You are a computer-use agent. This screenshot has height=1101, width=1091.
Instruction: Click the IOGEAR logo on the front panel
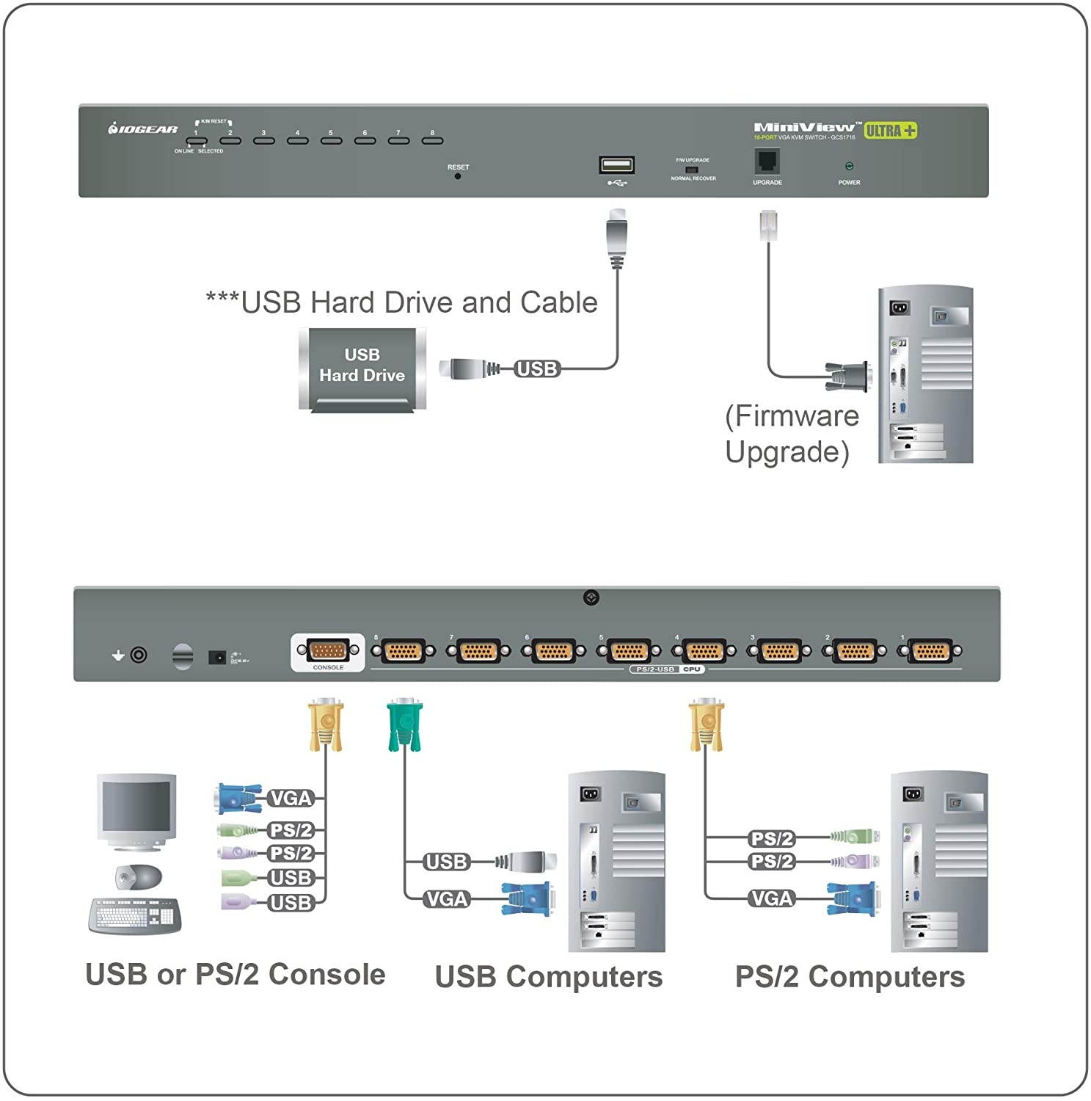tap(143, 129)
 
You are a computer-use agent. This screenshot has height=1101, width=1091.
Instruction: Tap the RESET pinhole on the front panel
tap(458, 176)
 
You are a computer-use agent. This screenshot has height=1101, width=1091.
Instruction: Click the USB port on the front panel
tap(616, 164)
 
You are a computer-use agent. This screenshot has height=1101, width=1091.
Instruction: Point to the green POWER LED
tap(849, 167)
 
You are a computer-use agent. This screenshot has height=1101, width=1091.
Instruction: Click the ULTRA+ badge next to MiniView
tap(890, 131)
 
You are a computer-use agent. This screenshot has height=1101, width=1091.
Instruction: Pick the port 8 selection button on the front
tap(432, 140)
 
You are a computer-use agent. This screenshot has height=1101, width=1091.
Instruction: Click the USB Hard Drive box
tap(362, 368)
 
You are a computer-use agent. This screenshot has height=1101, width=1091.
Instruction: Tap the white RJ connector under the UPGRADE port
tap(768, 225)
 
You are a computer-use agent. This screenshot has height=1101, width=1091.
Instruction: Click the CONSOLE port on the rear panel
tap(328, 651)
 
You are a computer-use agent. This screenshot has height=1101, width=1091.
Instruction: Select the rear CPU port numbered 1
tap(930, 651)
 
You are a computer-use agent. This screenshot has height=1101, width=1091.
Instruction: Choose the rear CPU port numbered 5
tap(628, 651)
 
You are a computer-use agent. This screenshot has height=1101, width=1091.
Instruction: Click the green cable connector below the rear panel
tap(405, 725)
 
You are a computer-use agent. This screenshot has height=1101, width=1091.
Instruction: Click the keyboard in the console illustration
tap(135, 915)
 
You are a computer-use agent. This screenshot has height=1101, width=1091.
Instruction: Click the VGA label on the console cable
tap(291, 799)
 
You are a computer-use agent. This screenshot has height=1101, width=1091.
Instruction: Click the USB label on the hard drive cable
tap(537, 368)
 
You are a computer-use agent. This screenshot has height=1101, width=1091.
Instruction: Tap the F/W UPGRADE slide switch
tap(691, 170)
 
